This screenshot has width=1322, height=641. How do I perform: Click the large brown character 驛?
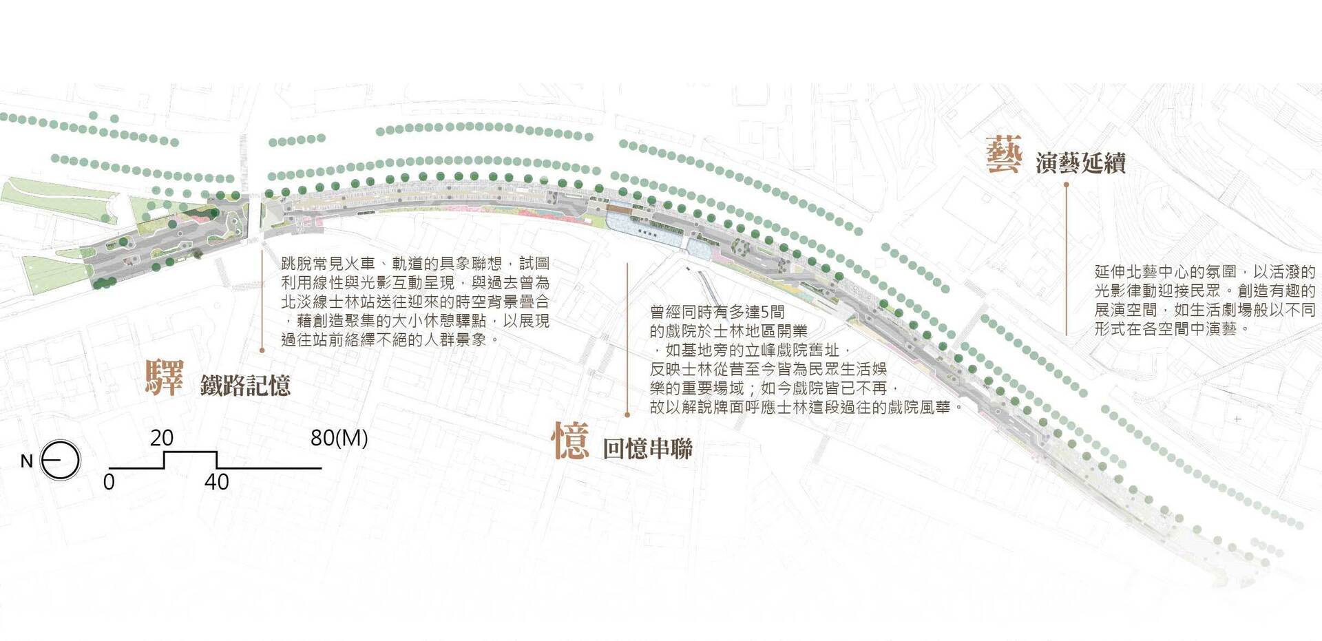pos(164,377)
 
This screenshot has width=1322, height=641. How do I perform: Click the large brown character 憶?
pos(570,441)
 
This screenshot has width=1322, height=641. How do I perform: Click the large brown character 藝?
pos(1004,154)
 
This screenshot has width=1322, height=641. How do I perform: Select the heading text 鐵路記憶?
pos(245,386)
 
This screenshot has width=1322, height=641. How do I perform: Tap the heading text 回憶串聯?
pos(648,449)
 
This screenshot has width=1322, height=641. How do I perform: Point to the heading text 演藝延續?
pos(1080,163)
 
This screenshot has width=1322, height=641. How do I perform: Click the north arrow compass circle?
pos(61,461)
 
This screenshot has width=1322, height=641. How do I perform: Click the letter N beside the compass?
pos(27,461)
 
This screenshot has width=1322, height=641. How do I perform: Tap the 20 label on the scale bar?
pos(162,438)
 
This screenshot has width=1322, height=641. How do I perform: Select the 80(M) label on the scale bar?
pos(339,438)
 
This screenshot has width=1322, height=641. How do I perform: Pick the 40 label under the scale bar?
pos(216,481)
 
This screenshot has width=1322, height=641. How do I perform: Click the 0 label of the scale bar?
pos(109,481)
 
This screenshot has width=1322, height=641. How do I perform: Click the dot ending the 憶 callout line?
pos(627,414)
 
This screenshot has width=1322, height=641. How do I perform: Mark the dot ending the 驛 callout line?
pos(262,349)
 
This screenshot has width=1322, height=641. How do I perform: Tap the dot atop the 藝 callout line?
pos(1066,185)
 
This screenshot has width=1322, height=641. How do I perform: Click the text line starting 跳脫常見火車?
pos(415,264)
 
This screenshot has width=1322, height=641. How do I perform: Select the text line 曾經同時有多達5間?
pos(717,313)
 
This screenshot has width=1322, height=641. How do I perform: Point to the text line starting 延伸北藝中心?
pos(1205,272)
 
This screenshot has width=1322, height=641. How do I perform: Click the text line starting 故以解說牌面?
pos(806,408)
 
